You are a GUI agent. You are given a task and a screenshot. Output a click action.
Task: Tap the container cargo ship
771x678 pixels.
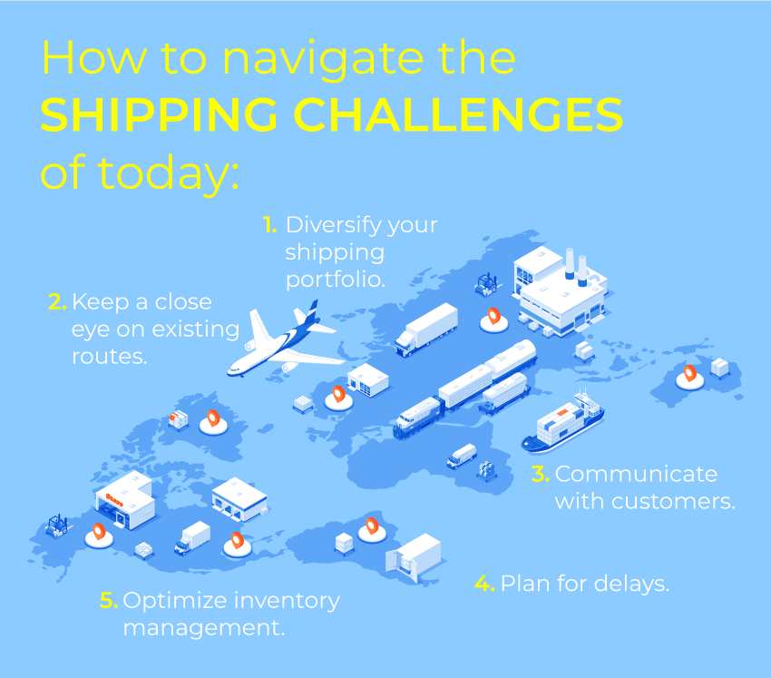pyautogui.click(x=563, y=423)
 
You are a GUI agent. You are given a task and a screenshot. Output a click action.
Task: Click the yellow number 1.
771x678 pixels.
pyautogui.click(x=270, y=225)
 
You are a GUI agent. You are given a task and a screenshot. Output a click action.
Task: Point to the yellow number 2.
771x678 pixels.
pyautogui.click(x=57, y=301)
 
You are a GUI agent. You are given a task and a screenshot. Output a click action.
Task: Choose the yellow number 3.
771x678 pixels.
pyautogui.click(x=541, y=474)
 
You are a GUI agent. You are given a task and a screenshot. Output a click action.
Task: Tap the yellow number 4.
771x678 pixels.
pyautogui.click(x=485, y=584)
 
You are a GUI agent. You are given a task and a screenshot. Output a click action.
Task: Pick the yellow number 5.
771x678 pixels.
pyautogui.click(x=109, y=600)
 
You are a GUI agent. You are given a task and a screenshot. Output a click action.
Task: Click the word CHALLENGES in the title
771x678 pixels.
pyautogui.click(x=458, y=114)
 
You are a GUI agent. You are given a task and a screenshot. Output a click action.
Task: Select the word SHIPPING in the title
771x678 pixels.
pyautogui.click(x=160, y=114)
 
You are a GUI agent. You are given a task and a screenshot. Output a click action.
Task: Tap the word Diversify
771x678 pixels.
pyautogui.click(x=333, y=226)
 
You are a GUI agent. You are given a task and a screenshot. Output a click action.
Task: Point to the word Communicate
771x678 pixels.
pyautogui.click(x=636, y=474)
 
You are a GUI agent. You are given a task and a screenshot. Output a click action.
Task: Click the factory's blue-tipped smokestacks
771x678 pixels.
pyautogui.click(x=576, y=267)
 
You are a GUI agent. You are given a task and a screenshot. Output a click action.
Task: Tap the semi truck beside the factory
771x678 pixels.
pyautogui.click(x=426, y=329)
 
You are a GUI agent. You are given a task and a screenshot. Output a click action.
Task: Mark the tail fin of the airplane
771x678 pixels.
pyautogui.click(x=310, y=312)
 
